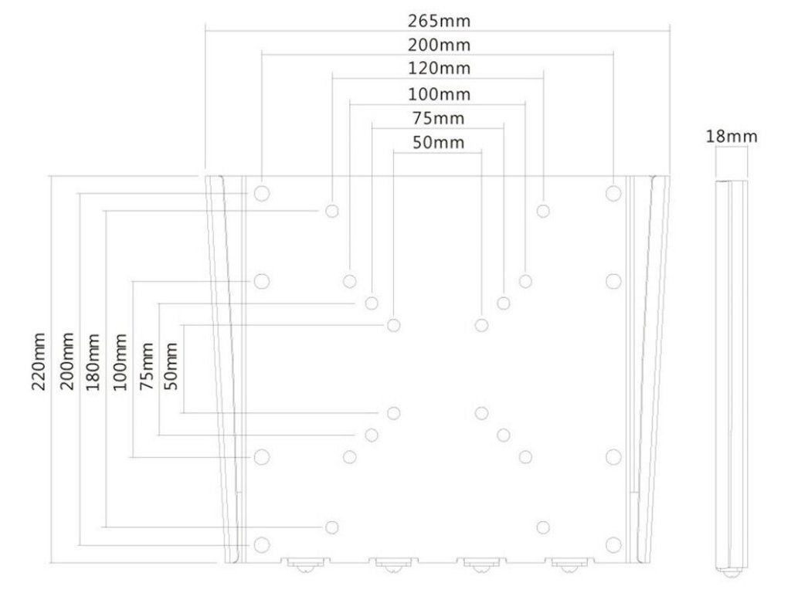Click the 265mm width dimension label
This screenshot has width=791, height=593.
[x=439, y=21]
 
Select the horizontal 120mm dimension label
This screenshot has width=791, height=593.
[x=439, y=68]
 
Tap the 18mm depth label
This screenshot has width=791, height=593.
[x=731, y=136]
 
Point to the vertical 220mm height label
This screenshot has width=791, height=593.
[x=39, y=361]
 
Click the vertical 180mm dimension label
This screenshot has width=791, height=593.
[x=93, y=361]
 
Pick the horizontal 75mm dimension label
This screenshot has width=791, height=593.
[x=439, y=118]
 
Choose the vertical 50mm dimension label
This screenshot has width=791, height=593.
[x=171, y=366]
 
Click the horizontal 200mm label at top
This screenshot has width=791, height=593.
[x=439, y=44]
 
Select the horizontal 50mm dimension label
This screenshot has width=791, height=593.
[x=439, y=142]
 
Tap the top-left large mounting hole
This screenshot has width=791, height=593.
[x=261, y=193]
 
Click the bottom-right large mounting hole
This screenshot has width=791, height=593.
[x=613, y=544]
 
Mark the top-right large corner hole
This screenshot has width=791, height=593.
[x=613, y=193]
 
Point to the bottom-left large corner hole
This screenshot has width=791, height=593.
[x=261, y=544]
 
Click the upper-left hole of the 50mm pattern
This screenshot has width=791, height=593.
[x=393, y=325]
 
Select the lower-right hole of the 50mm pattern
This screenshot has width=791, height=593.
[x=481, y=413]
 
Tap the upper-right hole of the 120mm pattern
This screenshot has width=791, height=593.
[x=543, y=210]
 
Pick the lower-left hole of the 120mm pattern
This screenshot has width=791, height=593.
[x=331, y=527]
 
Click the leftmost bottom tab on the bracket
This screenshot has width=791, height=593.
[x=305, y=564]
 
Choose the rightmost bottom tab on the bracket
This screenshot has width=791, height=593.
[x=569, y=564]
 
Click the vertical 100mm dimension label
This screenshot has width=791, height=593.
[x=120, y=361]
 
